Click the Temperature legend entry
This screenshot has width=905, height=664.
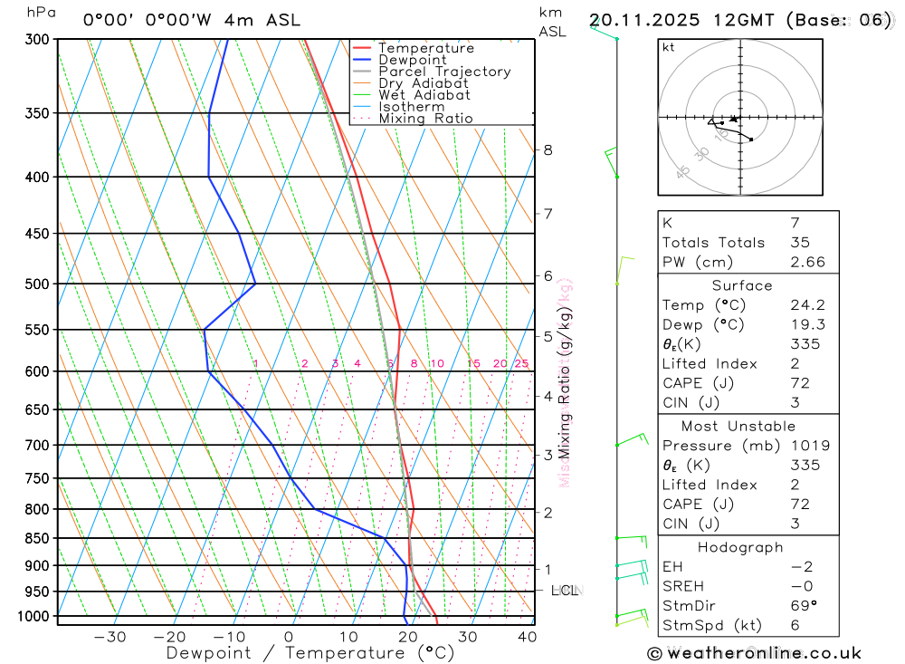coord(425,48)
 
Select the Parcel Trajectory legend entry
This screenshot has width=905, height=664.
coord(444,72)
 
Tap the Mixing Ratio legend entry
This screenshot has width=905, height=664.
coord(425,119)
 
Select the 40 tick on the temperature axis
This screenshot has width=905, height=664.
coord(526,637)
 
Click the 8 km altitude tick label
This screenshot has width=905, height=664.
coord(548,149)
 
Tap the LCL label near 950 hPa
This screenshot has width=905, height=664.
coord(565,591)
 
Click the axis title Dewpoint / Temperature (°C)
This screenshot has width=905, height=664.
coord(310,652)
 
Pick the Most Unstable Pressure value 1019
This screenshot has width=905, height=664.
coord(805,446)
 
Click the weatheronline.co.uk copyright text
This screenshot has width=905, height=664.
coord(755,653)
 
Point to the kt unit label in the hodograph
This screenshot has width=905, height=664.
coord(669,47)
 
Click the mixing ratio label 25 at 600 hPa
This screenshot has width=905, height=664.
coord(521,364)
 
